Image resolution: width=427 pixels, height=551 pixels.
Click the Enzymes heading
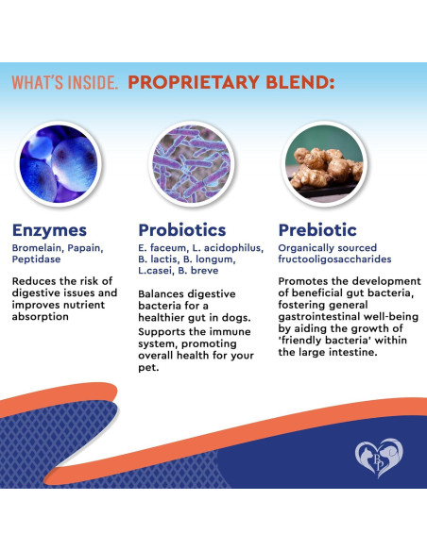(49, 229)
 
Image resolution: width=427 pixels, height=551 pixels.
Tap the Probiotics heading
(182, 229)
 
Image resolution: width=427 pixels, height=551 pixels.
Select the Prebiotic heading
(317, 229)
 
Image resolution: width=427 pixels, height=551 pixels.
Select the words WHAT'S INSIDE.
(64, 83)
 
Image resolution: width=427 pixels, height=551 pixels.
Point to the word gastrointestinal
(324, 316)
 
